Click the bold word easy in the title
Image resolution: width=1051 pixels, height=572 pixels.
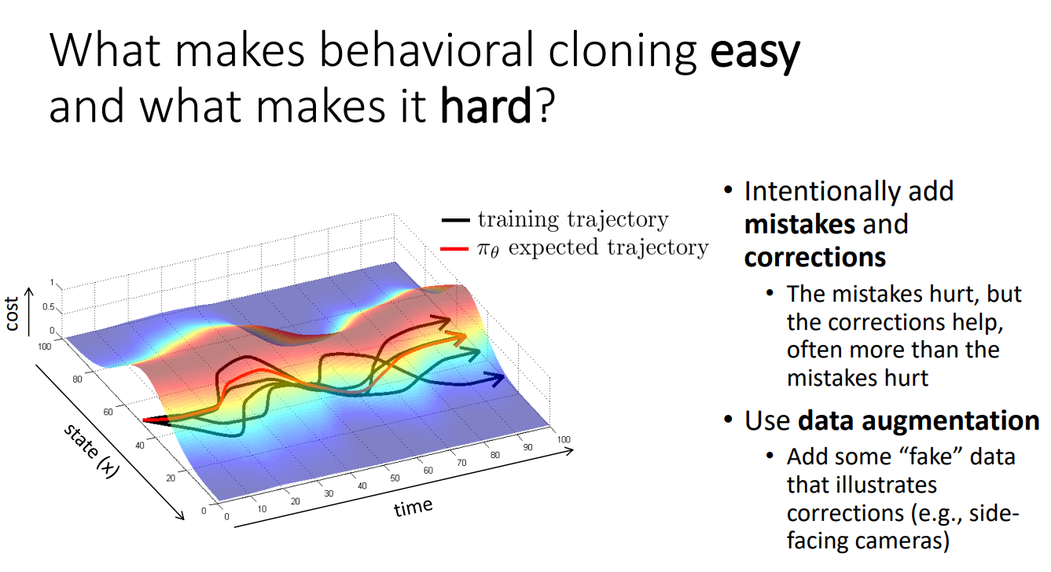coord(755,52)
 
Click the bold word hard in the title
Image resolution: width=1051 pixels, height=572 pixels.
coord(486,104)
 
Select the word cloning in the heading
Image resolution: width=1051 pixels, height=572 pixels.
coord(623,52)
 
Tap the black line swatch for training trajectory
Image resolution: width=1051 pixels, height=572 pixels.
coord(455,220)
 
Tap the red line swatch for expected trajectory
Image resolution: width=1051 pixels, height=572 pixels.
coord(454,248)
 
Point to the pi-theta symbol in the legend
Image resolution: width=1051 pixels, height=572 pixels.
coord(488,249)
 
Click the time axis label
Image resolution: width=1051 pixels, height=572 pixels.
coord(413,507)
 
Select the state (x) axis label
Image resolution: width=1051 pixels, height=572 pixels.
coord(92,450)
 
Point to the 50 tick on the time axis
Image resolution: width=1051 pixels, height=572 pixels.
coord(395,478)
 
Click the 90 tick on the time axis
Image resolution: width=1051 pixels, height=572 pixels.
coord(527,447)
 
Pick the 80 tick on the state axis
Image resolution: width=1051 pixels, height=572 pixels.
coord(77,379)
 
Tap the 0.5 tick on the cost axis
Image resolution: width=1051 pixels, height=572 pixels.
coord(48,306)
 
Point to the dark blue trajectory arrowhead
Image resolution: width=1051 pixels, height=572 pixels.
coord(495,379)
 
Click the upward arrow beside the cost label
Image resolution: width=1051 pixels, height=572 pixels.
coord(29,312)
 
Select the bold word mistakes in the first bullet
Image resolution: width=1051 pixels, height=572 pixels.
coord(799,224)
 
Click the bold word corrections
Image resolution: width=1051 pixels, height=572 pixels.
coord(815,258)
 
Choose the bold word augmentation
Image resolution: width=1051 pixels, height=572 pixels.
coord(919,420)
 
